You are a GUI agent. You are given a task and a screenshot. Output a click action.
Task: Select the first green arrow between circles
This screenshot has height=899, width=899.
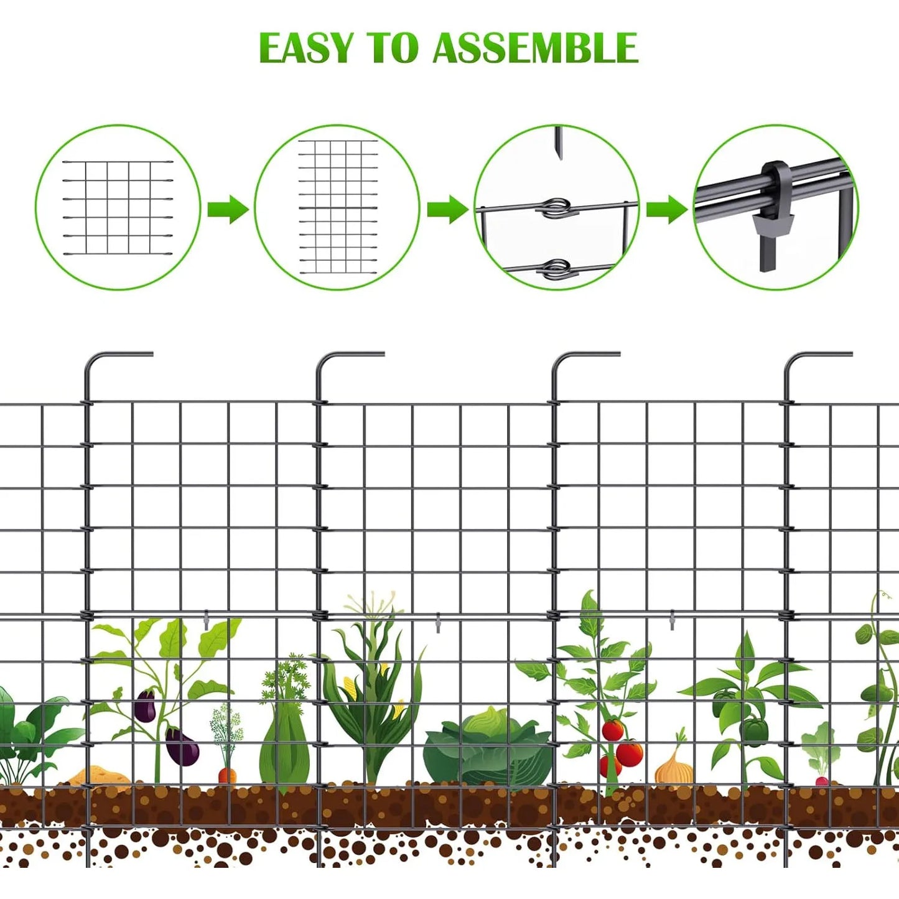click(x=227, y=209)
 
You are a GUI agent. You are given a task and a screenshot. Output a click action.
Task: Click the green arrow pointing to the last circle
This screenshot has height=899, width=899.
click(x=666, y=209)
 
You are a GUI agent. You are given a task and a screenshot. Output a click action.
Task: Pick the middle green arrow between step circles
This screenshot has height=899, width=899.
click(x=447, y=209)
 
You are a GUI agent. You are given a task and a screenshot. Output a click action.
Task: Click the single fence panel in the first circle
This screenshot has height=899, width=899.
click(x=118, y=208)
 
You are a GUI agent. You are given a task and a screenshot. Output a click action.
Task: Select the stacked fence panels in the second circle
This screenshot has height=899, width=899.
click(x=337, y=207)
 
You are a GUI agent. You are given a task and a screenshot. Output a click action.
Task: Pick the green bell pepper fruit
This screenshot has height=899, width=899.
click(x=754, y=731)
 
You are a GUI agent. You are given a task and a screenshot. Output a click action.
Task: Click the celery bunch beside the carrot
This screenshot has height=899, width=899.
click(x=285, y=740)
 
